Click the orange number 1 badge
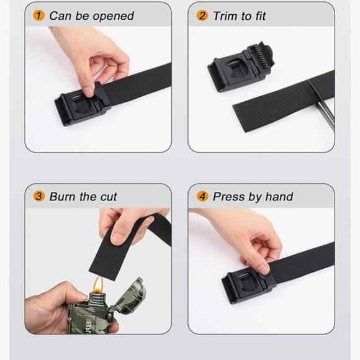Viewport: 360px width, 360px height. tap(39, 16)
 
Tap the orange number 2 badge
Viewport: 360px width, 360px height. tap(202, 16)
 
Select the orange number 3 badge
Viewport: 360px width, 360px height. tap(39, 197)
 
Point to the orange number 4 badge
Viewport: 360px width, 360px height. tap(202, 197)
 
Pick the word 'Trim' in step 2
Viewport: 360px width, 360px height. tap(225, 16)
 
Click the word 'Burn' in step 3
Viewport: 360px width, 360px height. tap(64, 197)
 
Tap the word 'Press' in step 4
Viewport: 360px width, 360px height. tap(230, 197)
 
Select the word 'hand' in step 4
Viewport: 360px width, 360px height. tap(279, 197)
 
